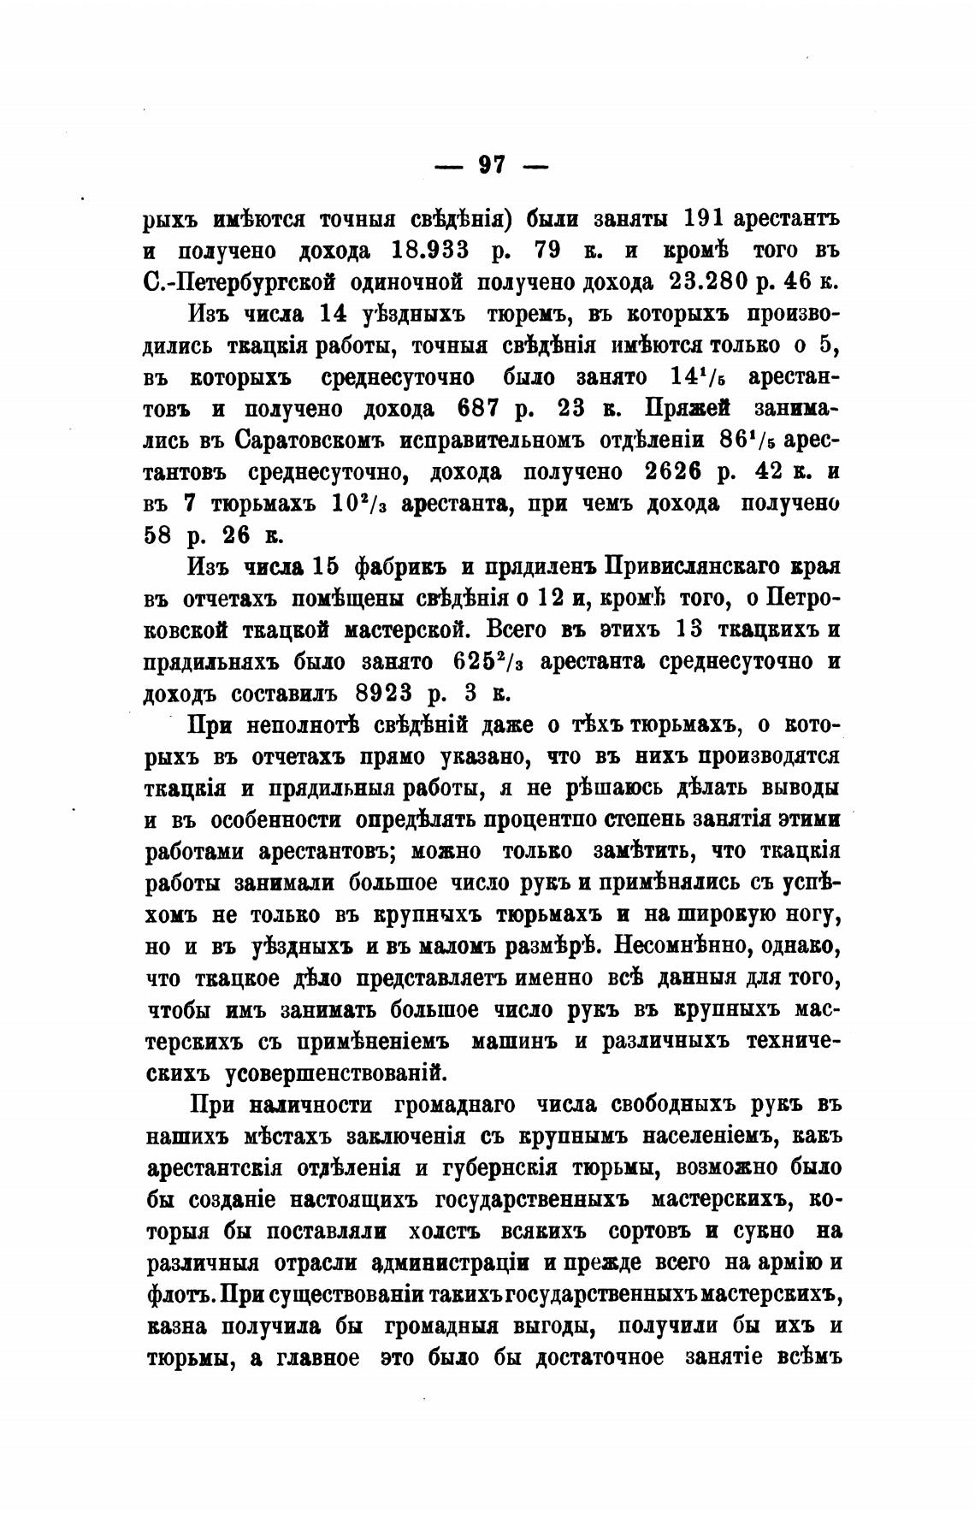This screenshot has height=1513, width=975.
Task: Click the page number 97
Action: click(x=492, y=164)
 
